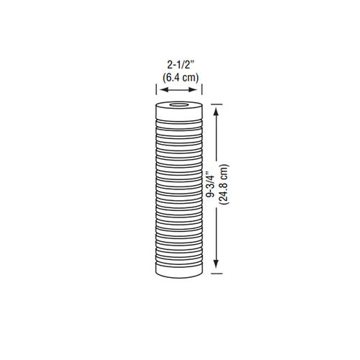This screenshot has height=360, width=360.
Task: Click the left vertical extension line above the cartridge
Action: (x=158, y=90)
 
